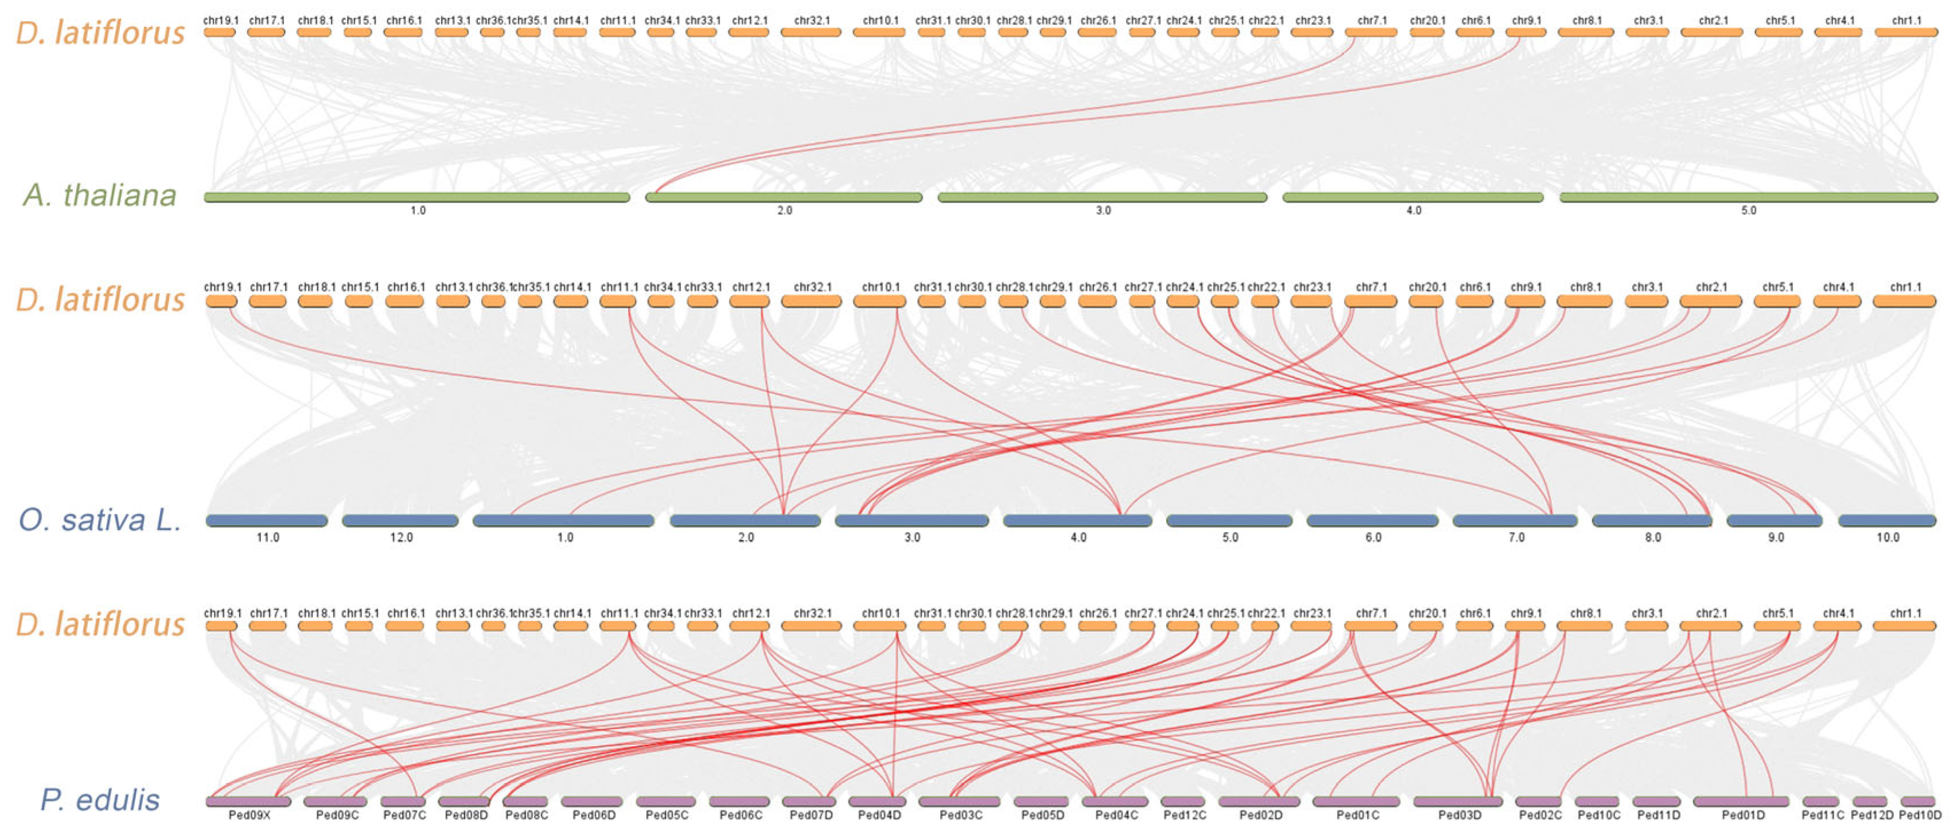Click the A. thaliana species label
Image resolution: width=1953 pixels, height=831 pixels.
pos(100,196)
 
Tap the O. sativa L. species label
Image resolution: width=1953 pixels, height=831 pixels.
pos(100,520)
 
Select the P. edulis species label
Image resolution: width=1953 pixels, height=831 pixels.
pos(100,800)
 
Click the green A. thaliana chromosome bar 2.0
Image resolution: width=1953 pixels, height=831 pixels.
pos(784,198)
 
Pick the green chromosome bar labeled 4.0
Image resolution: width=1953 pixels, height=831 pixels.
pos(1413,198)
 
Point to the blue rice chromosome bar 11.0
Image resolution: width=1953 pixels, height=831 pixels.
pos(267,521)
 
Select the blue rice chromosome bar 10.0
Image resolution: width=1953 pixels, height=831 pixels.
pos(1887,521)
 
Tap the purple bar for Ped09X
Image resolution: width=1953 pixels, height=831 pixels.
pos(249,801)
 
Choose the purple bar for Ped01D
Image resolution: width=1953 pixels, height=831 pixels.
pos(1741,801)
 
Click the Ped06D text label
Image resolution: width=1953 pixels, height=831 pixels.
pos(594,815)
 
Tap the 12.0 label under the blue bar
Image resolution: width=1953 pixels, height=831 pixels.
pos(401,537)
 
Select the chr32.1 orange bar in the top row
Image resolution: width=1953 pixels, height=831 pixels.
pos(811,33)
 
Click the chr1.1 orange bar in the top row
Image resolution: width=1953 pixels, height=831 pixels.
pos(1905,33)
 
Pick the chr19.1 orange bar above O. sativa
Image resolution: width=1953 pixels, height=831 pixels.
pos(221,302)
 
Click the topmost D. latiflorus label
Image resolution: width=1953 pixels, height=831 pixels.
pos(100,33)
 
